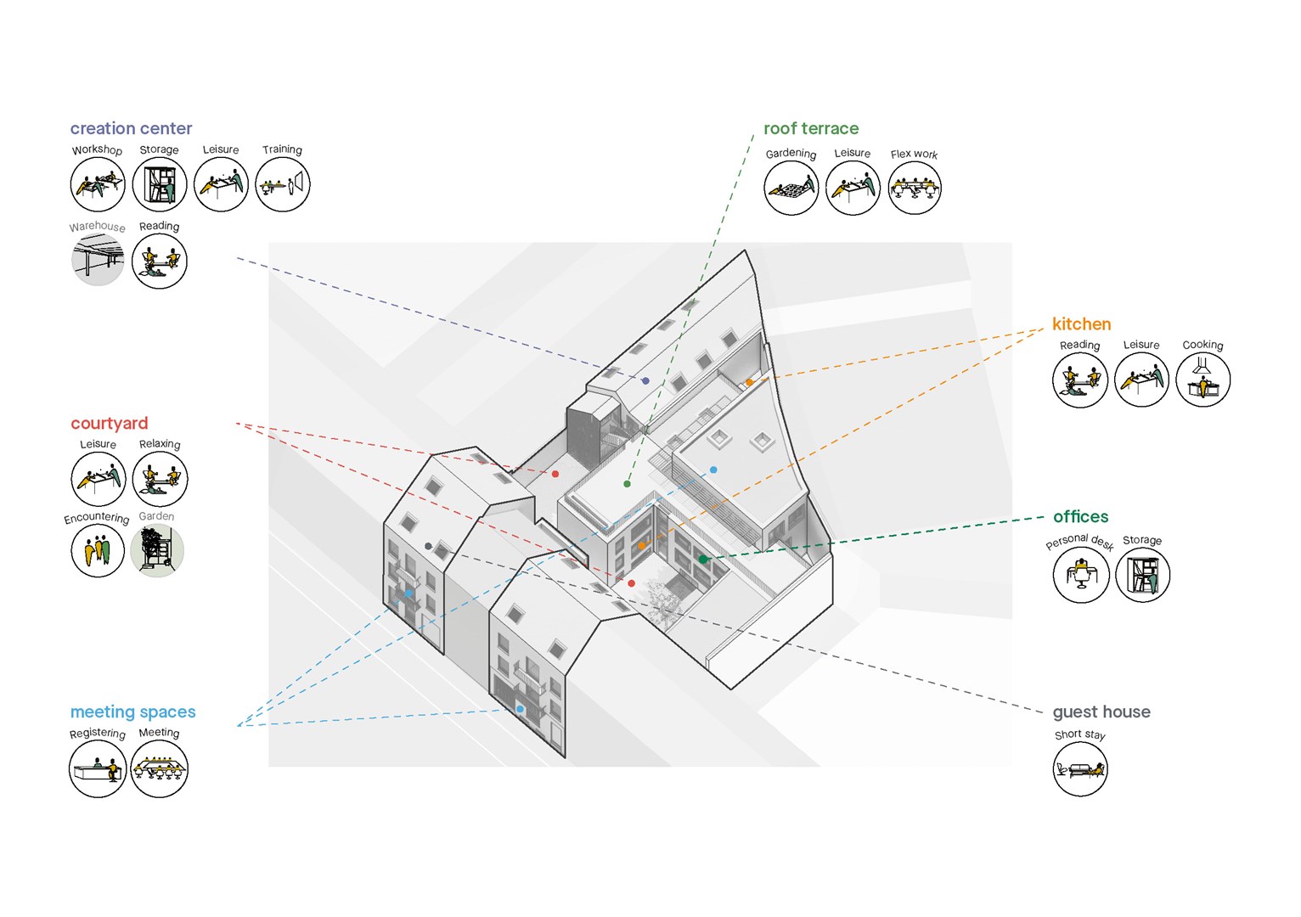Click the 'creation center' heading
point(131,128)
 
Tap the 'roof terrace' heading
point(810,128)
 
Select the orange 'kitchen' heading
point(1081,323)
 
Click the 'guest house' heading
point(1101,712)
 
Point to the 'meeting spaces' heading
point(132,712)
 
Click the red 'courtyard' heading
point(109,423)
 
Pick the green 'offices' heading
point(1080,516)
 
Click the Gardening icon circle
point(791,188)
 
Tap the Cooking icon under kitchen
point(1202,379)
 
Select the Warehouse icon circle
point(98,260)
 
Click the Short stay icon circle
point(1079,768)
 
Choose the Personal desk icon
point(1080,575)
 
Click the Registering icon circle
point(97,769)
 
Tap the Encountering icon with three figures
point(98,550)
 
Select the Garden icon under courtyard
point(157,550)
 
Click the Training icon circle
point(283,184)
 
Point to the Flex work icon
point(914,188)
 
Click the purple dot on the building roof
point(645,381)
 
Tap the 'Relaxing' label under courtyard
point(160,444)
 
